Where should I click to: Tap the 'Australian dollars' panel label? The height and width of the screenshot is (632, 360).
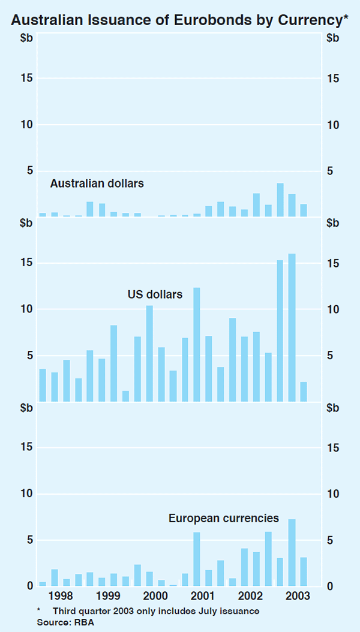pos(97,183)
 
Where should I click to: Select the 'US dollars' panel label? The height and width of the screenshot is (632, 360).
pos(155,294)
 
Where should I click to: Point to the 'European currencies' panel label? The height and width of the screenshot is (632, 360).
pos(223,517)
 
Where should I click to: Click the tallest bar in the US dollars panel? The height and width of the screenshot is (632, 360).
pos(292,327)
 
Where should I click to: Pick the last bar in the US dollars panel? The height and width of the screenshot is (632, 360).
pos(304,392)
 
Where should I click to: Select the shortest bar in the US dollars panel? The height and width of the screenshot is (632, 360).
pos(125,396)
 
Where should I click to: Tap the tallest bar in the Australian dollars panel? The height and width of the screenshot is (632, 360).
pos(280,200)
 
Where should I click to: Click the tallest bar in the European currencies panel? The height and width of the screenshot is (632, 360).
pos(292,552)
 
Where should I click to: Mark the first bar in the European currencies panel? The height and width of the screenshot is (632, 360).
pos(43,583)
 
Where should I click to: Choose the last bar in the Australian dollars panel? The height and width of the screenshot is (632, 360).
pos(304,210)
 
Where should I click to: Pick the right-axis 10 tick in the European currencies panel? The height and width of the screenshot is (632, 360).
pos(333,494)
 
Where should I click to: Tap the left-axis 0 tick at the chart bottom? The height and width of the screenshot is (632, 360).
pos(28,586)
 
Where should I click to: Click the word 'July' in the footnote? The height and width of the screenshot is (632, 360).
pos(202,610)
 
